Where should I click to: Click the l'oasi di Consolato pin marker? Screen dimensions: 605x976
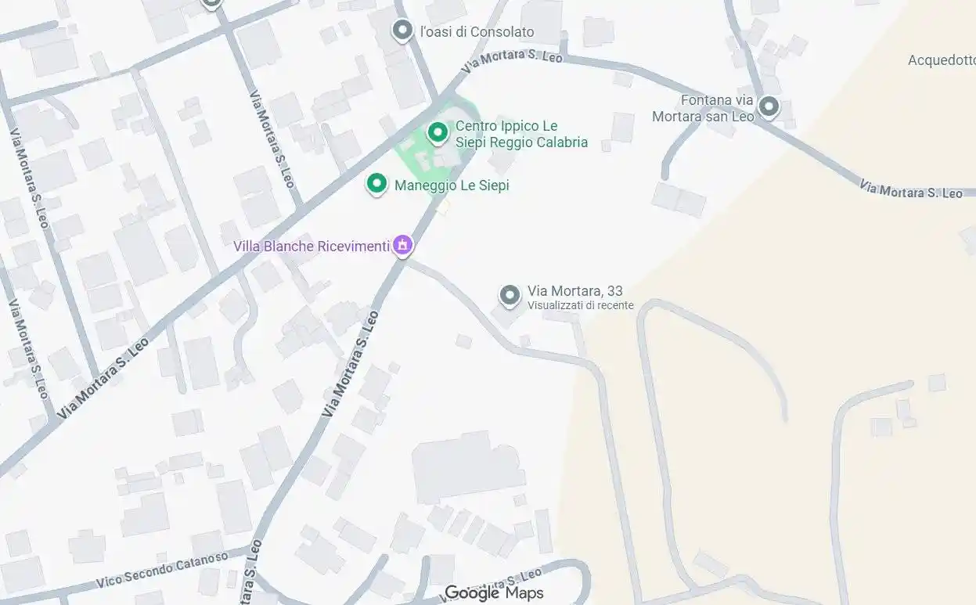pos(402,31)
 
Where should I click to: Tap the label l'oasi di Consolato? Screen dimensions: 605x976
pos(477,32)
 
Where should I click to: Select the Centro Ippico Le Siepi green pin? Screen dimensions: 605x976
pos(438,132)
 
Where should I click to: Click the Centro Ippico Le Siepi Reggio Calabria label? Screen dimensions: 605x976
pos(521,135)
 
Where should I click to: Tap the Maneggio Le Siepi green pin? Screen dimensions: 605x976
pos(377,184)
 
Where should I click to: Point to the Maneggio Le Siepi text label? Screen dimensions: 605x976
pos(452,185)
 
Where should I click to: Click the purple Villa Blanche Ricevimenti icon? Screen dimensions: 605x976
pos(403,246)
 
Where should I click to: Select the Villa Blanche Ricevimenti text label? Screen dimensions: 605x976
pos(312,247)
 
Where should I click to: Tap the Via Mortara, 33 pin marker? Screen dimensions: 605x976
pos(510,295)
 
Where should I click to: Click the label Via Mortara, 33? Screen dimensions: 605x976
pos(574,291)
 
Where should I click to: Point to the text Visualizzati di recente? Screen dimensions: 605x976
pos(580,305)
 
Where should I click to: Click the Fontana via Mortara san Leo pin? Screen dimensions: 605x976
pos(769,107)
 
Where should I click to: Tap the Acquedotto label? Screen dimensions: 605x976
pos(942,60)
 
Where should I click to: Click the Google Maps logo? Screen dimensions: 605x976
pos(494,592)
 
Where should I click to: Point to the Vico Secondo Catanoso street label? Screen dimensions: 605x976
pos(162,569)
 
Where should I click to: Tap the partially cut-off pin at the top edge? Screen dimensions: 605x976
pos(211,3)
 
